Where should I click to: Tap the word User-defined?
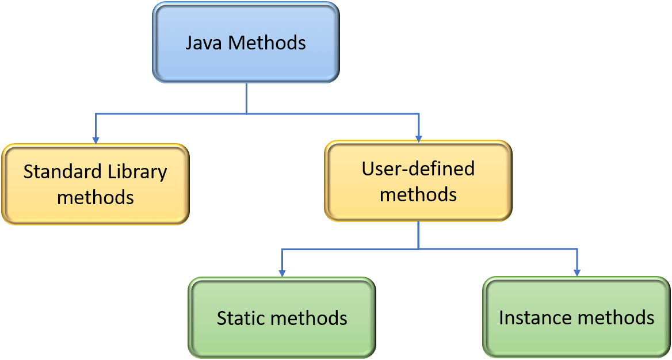(418, 168)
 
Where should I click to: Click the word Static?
(239, 318)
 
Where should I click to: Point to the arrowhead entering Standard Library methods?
(96, 139)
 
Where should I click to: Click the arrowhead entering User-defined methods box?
(418, 137)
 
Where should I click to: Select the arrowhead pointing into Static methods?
(282, 273)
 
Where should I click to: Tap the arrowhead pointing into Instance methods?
(576, 273)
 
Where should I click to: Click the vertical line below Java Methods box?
(246, 98)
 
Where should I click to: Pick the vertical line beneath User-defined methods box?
(418, 235)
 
